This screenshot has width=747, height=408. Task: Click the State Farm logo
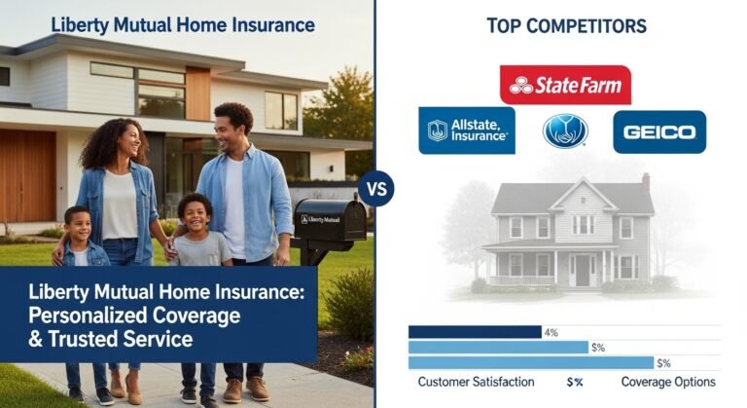coord(565,85)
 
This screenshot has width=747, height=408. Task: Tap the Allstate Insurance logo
coord(466,130)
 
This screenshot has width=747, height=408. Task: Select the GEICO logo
coord(658,131)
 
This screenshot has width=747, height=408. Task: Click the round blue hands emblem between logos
coord(565,130)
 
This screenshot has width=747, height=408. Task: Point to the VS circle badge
coord(374,188)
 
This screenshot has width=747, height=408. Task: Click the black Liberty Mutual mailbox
coord(329,221)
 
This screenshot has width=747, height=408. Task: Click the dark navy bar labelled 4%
coord(474,332)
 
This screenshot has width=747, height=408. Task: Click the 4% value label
coord(551,332)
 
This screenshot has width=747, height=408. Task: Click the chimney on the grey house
coord(645,182)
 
